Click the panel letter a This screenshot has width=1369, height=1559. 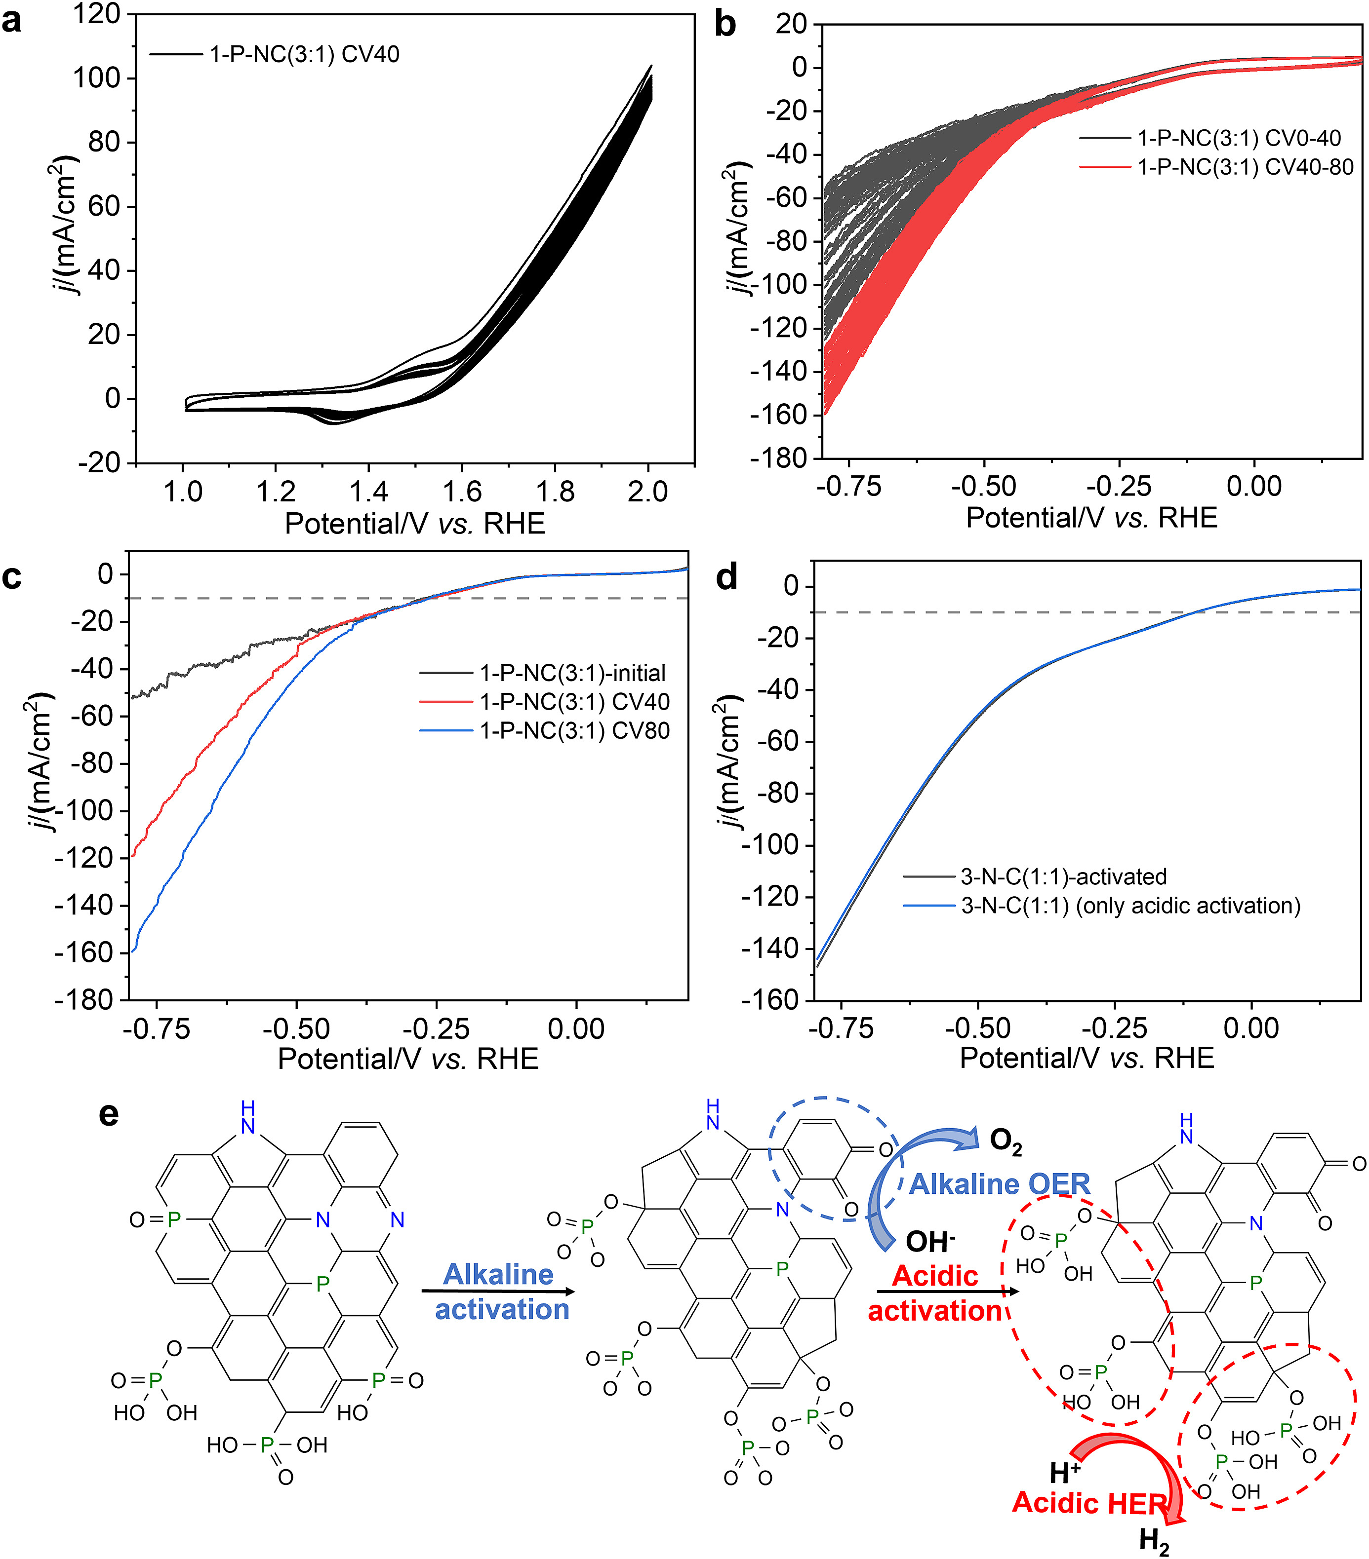point(12,21)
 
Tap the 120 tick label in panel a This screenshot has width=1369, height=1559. point(96,14)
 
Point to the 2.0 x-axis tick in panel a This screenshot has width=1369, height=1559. point(648,492)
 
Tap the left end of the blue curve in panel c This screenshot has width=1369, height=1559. point(133,951)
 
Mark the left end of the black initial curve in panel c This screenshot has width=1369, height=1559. point(132,697)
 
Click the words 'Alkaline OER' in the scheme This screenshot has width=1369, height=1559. point(1000,1184)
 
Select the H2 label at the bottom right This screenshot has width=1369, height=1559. point(1154,1541)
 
